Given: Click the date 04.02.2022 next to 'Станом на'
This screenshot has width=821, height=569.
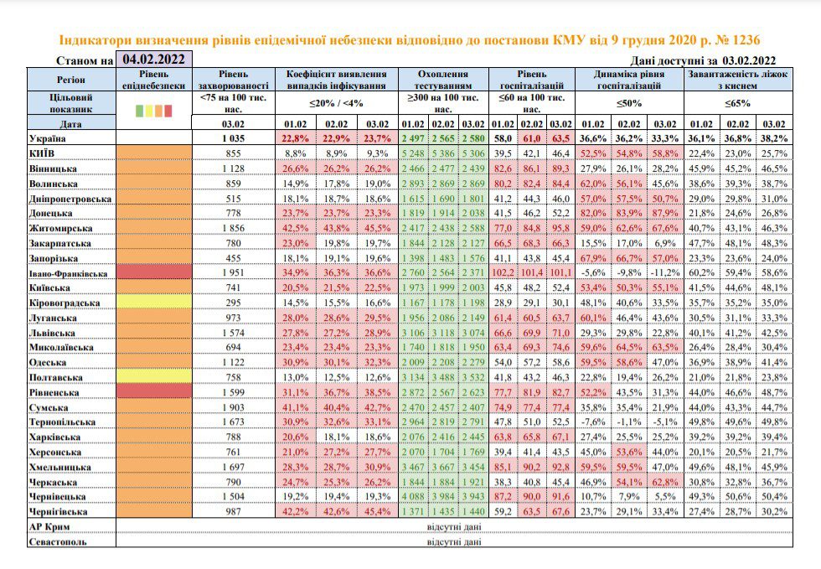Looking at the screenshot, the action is click(153, 59).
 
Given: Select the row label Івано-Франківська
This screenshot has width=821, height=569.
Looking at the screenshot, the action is click(68, 273).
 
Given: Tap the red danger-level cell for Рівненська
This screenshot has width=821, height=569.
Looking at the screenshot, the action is click(154, 392).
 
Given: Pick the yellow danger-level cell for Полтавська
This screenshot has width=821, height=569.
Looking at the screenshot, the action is click(154, 377).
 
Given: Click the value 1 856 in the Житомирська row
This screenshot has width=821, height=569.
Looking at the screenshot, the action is click(233, 228).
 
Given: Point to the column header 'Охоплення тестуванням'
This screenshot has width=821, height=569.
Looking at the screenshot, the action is click(443, 80).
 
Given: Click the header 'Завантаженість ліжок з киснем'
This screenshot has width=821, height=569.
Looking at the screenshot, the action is click(738, 80).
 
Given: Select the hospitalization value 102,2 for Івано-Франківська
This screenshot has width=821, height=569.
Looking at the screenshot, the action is click(503, 273).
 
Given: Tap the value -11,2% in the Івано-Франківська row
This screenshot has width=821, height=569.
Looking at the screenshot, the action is click(665, 273).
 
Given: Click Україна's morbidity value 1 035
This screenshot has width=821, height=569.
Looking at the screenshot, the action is click(233, 138).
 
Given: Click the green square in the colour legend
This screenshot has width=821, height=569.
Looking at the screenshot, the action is click(139, 111).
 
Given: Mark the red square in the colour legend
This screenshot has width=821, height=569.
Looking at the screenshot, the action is click(168, 111).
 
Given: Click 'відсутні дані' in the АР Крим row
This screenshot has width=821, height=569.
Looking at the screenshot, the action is click(454, 526).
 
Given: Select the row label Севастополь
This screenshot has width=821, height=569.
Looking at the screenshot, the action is click(58, 541).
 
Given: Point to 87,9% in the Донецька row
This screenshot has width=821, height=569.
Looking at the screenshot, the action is click(665, 213).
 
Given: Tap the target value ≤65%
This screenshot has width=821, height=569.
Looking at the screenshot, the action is click(738, 103).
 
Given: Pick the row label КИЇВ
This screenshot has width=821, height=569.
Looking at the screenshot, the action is click(42, 153).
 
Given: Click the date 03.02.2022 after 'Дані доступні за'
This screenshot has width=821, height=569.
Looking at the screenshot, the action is click(749, 61).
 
